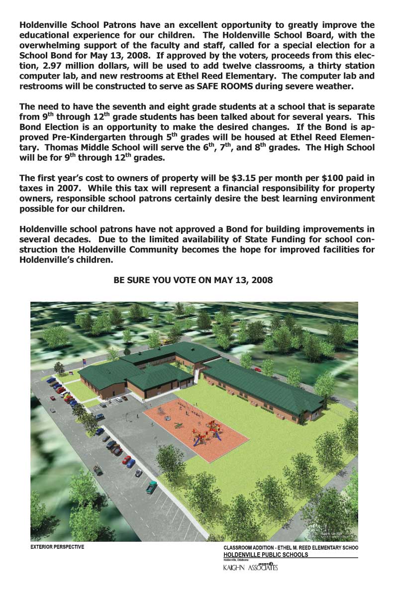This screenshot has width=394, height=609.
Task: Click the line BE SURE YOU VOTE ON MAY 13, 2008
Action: pyautogui.click(x=193, y=280)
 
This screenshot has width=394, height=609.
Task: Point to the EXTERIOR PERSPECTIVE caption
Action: pyautogui.click(x=58, y=547)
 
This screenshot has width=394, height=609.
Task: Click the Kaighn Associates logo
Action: pyautogui.click(x=250, y=567)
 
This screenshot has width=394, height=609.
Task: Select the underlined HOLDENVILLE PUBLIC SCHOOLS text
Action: pyautogui.click(x=266, y=554)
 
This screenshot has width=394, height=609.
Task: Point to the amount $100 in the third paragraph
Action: pyautogui.click(x=323, y=178)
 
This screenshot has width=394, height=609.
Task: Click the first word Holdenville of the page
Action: pyautogui.click(x=43, y=24)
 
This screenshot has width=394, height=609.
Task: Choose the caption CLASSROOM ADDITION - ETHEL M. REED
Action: pyautogui.click(x=291, y=547)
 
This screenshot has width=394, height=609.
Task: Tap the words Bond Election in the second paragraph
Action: pyautogui.click(x=49, y=127)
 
